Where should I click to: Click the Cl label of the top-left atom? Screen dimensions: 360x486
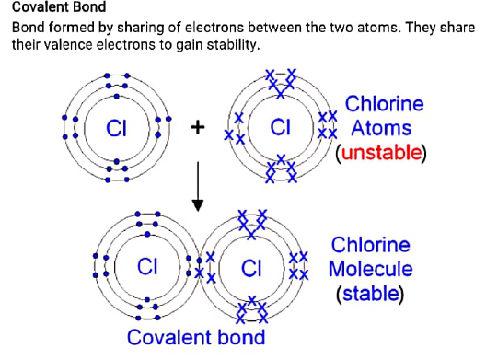click(116, 129)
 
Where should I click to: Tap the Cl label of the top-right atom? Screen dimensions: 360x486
click(281, 128)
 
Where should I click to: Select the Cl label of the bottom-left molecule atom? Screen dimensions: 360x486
click(147, 267)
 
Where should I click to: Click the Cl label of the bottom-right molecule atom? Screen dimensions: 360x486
click(252, 268)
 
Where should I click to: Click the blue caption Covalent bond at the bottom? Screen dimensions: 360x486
click(196, 337)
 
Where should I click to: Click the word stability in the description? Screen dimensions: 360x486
click(233, 45)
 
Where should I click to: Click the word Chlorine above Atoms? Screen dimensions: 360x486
click(384, 103)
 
